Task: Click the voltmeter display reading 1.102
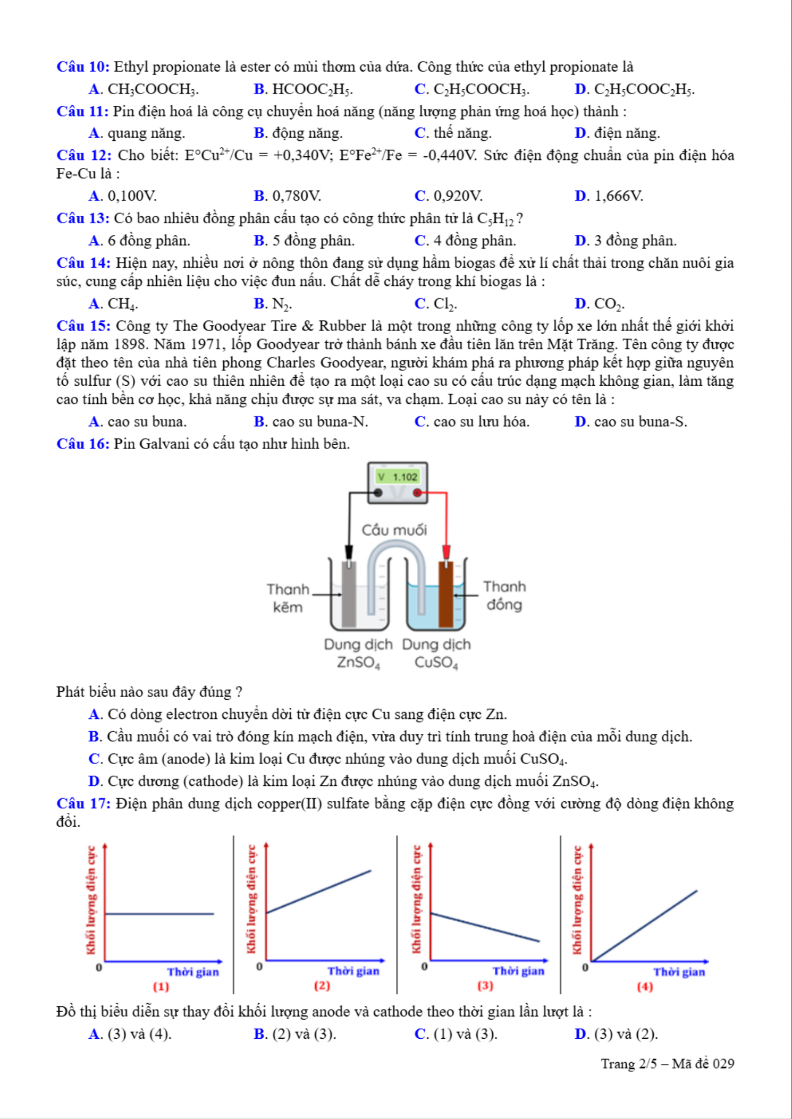(398, 477)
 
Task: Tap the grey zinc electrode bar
(349, 594)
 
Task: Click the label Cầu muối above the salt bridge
(394, 530)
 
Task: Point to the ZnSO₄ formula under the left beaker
(359, 663)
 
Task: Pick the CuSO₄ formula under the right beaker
(436, 663)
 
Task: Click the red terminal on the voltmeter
(417, 493)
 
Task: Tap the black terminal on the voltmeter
(378, 493)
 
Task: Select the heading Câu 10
(83, 67)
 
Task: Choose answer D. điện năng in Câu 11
(617, 133)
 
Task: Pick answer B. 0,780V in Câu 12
(288, 196)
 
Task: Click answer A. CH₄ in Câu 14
(113, 303)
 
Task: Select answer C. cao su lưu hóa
(472, 421)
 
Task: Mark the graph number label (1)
(161, 987)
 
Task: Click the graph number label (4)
(645, 987)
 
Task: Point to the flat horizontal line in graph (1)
(159, 914)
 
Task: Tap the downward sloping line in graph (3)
(485, 927)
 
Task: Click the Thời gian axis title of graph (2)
(353, 971)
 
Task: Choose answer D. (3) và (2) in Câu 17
(617, 1034)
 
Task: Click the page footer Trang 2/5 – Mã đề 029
(667, 1064)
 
